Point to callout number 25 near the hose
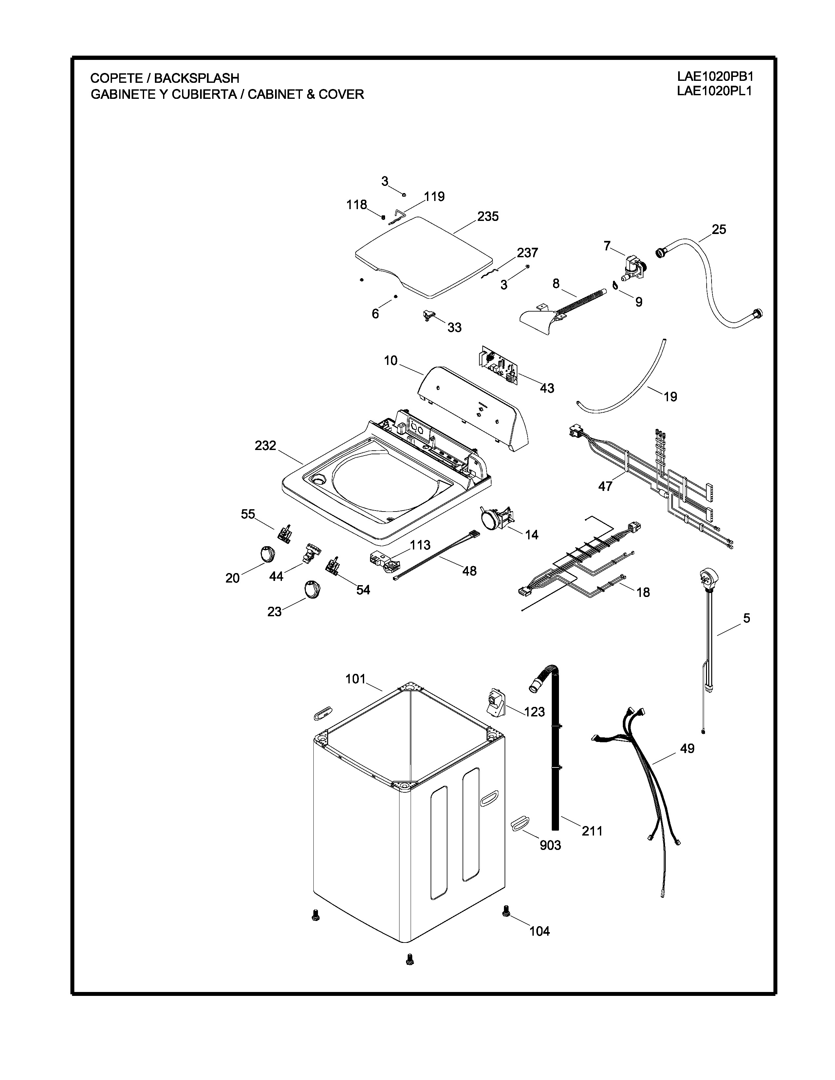[719, 229]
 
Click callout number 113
[420, 545]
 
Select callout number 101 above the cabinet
[355, 679]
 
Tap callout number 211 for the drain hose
[592, 831]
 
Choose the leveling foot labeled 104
[506, 911]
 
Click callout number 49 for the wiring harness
[687, 749]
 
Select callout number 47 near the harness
[605, 486]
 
